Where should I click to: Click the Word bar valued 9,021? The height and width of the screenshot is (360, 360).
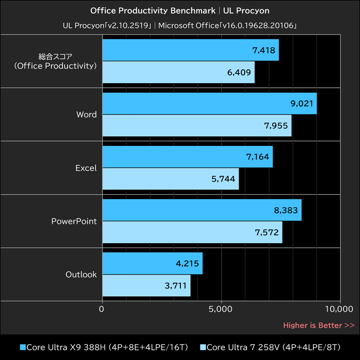(x=209, y=103)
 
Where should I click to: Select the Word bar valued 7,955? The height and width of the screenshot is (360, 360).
(x=197, y=126)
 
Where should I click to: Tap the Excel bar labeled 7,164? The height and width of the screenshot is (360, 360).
(x=187, y=157)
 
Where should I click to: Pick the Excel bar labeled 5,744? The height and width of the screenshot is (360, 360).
(x=171, y=179)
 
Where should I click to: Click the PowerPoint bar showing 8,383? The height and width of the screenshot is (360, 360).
(x=202, y=210)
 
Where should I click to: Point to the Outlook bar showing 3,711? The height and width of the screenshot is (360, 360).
(x=146, y=286)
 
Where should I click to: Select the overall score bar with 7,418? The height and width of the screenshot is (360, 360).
(x=190, y=50)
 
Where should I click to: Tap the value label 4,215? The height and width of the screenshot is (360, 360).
(x=187, y=264)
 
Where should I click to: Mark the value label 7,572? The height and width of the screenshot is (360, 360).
(x=266, y=232)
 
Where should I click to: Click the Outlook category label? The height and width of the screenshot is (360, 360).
(x=81, y=274)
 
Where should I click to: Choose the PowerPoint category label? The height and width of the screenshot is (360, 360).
(x=74, y=221)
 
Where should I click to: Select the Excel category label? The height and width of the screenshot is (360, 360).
(x=86, y=168)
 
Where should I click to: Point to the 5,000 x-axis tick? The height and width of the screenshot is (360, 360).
(x=221, y=309)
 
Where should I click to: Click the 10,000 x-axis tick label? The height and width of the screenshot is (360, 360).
(x=338, y=309)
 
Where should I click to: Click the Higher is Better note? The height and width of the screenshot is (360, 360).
(x=319, y=325)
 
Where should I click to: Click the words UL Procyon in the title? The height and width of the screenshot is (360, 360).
(x=249, y=10)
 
